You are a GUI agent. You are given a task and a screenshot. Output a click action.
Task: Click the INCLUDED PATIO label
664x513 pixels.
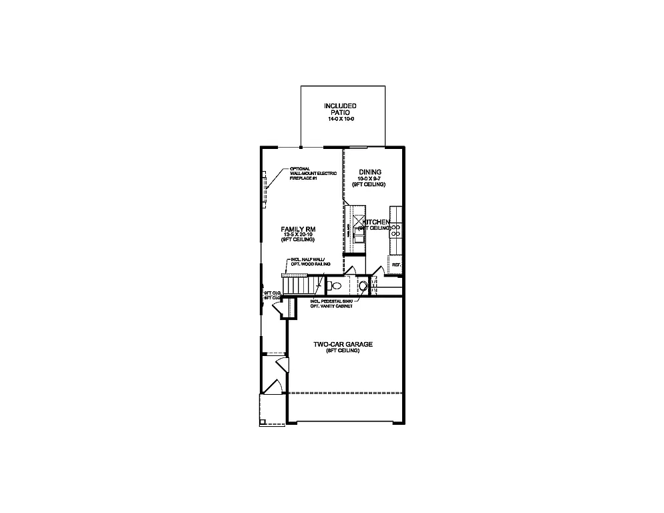[x=341, y=110]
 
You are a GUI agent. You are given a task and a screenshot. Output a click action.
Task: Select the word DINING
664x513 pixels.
[x=369, y=172]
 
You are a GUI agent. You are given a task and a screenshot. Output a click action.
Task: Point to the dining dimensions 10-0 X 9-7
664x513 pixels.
[x=369, y=178]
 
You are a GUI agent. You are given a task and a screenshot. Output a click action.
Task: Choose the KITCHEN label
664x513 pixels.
[x=377, y=222]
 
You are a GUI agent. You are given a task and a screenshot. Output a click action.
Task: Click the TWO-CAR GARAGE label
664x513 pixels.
[x=343, y=345]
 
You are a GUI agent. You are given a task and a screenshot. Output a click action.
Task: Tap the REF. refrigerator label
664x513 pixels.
[x=396, y=265]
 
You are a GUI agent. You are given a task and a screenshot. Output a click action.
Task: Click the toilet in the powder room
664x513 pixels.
[x=336, y=286]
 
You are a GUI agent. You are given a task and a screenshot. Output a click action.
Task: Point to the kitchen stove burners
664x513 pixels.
[x=395, y=230]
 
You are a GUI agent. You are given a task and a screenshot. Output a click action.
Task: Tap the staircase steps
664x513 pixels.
[x=299, y=285]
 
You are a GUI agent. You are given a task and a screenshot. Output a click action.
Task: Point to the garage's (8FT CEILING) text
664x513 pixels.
[x=343, y=351]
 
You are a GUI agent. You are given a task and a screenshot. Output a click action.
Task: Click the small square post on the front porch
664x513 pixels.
[x=263, y=421]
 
